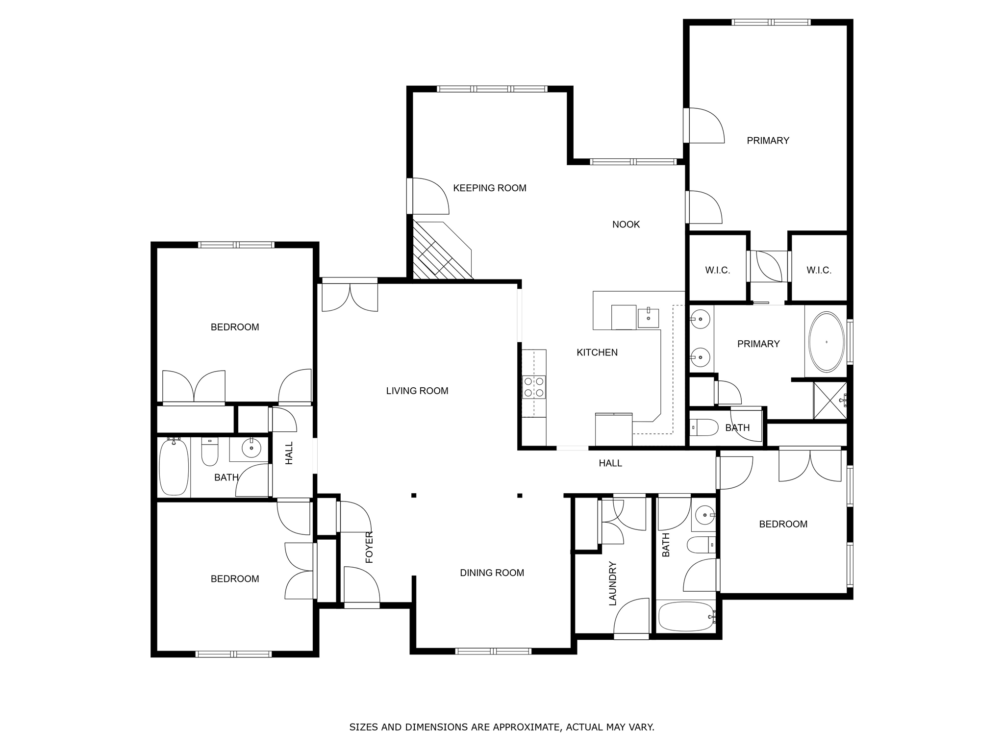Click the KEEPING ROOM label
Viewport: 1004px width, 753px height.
(x=489, y=188)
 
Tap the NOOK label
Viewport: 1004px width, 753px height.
(x=626, y=225)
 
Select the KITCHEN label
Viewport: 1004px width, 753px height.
(x=597, y=352)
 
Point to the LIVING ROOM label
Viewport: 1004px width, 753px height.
(x=417, y=391)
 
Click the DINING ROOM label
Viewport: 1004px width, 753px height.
(x=492, y=573)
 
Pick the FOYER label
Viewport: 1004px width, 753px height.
(x=369, y=547)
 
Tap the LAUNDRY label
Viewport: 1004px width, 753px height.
(x=613, y=583)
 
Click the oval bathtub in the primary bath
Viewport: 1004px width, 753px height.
(x=827, y=342)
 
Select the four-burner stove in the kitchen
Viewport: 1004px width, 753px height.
(x=534, y=387)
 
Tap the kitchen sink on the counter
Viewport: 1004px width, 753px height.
(x=648, y=318)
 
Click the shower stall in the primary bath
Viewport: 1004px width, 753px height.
(x=830, y=401)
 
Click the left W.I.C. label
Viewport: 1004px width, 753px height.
(x=718, y=270)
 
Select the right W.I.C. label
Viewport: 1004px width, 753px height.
(x=819, y=270)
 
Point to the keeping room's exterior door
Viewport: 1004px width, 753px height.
(x=428, y=196)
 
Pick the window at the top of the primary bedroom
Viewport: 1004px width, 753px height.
(x=771, y=22)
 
